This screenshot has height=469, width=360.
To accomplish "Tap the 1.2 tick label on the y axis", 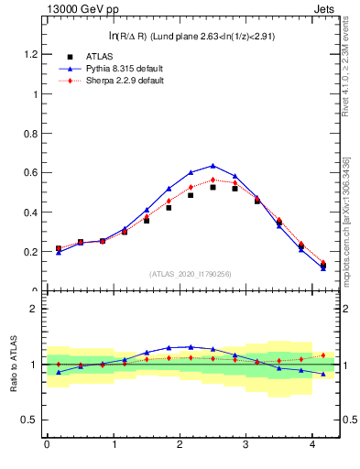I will click(31, 54).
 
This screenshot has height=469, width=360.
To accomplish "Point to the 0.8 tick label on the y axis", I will click(31, 134).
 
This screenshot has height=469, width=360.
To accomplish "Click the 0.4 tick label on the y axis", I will click(31, 213).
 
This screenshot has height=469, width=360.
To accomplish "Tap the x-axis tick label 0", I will click(47, 446).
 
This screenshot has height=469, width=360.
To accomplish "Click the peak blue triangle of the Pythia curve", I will click(213, 166).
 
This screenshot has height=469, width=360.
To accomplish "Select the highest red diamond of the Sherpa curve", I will click(213, 180).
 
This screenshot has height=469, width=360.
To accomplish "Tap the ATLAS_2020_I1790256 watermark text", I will click(191, 274).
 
